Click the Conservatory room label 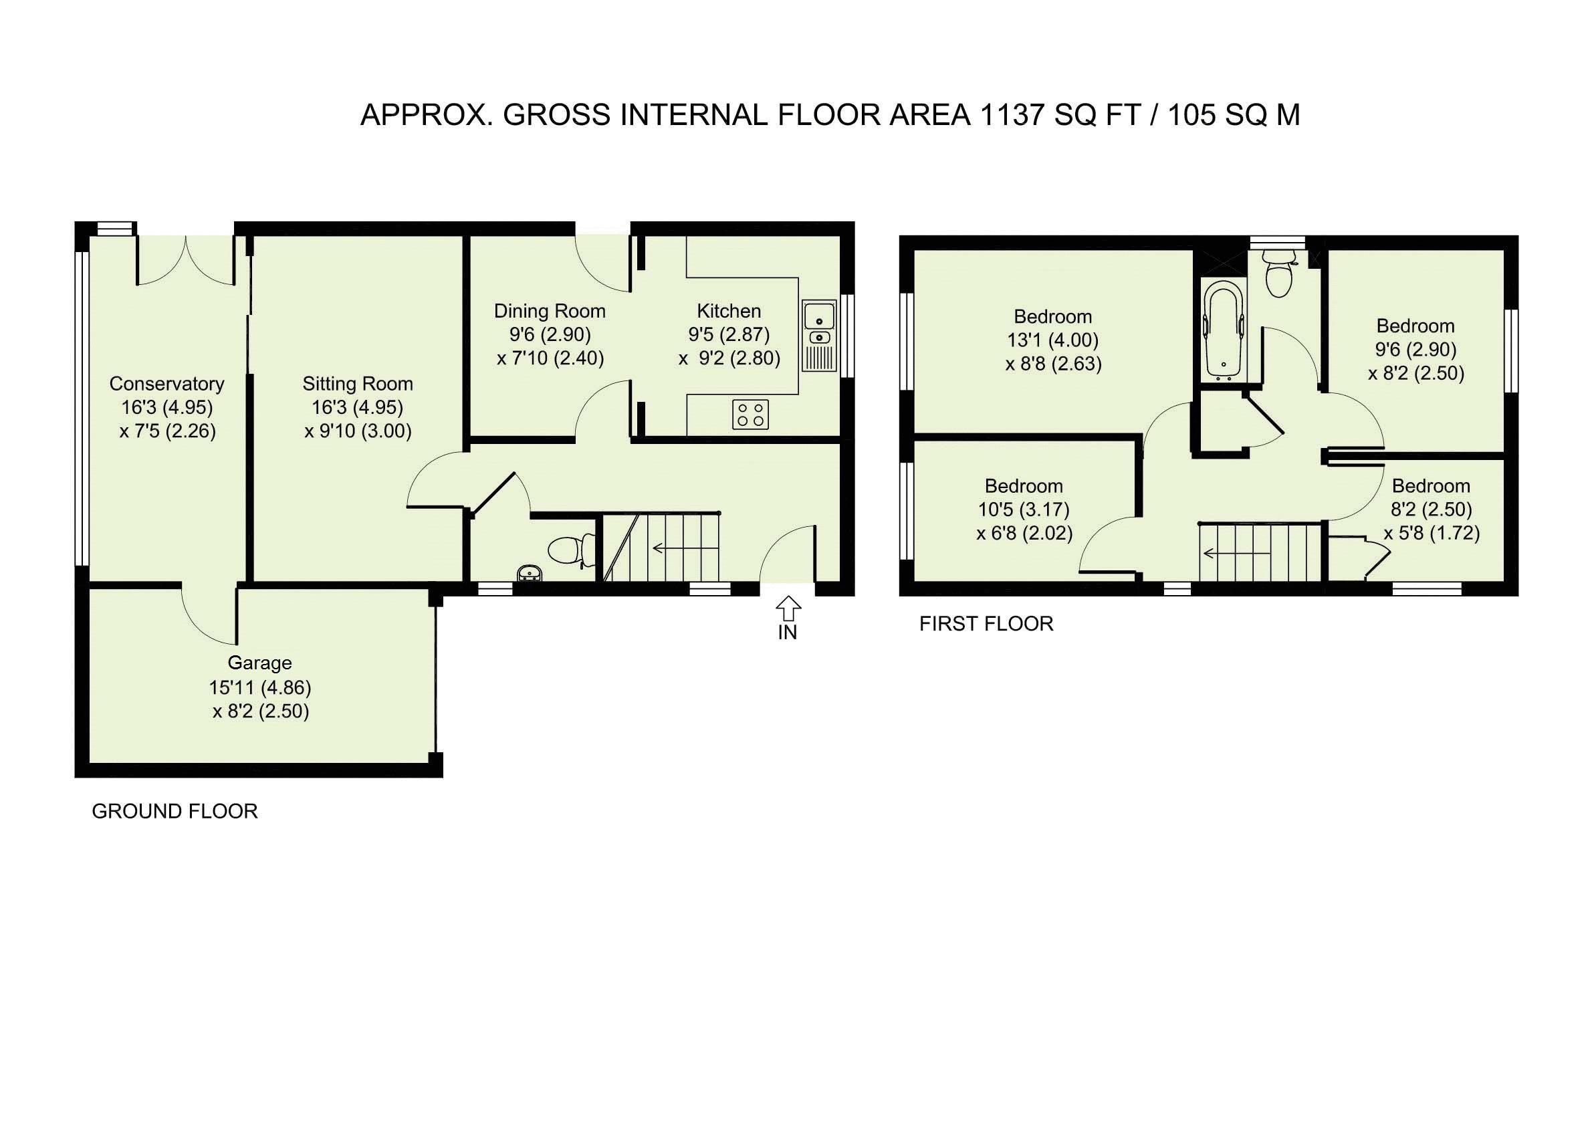pos(166,384)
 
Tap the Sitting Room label pos(358,384)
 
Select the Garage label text pos(259,664)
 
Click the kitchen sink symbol pos(819,334)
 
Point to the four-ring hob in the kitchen pos(750,415)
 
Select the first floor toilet pos(1280,273)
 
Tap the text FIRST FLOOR pos(986,624)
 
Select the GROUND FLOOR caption pos(175,812)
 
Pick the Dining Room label pos(550,311)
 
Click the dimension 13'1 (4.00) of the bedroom pos(1053,340)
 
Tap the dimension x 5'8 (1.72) pos(1432,533)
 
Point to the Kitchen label pos(729,311)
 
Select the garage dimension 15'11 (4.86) pos(259,687)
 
